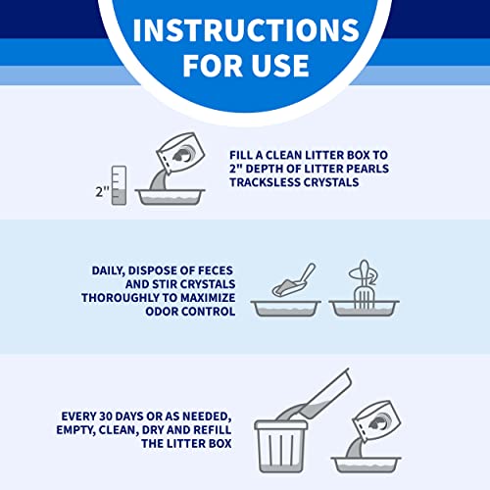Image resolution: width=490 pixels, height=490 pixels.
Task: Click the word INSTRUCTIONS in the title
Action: point(246,29)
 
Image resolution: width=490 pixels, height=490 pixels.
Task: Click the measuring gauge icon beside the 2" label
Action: point(119,185)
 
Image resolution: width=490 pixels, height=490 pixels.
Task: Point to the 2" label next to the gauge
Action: point(102,191)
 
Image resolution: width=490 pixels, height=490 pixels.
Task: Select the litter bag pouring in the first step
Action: point(180,153)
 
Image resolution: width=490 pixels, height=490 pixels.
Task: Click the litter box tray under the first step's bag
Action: point(171,197)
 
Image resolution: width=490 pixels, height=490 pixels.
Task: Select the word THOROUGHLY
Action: point(124,298)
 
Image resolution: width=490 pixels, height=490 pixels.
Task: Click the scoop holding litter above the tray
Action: point(293,281)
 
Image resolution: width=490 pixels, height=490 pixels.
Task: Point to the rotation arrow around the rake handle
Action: point(363,274)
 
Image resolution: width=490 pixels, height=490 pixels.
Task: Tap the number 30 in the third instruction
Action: point(106,416)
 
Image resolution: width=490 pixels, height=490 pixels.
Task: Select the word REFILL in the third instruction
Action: point(213,430)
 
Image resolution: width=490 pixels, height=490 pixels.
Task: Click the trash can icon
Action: point(281,446)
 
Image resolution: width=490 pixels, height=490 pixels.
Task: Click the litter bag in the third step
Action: point(377,420)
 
